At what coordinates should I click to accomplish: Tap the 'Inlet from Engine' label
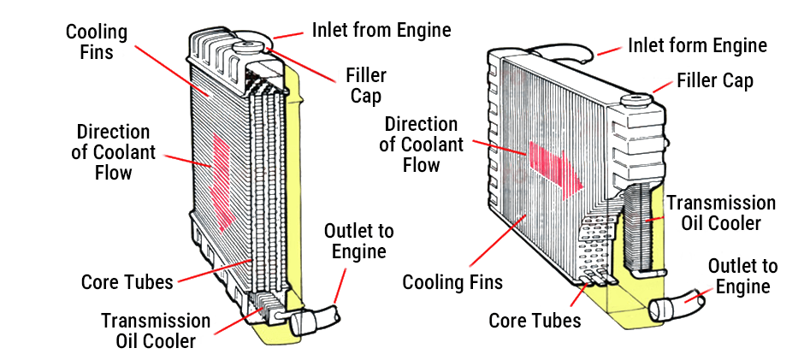(x=381, y=31)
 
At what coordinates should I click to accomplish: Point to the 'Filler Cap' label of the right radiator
(x=714, y=81)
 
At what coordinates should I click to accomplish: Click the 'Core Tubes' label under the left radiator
(x=127, y=281)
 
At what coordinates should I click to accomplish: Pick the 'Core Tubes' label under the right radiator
(x=535, y=321)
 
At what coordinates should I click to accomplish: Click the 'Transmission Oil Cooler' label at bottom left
(x=156, y=330)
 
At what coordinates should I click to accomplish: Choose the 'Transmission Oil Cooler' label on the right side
(x=720, y=213)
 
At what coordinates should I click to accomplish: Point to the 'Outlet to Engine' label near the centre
(x=358, y=241)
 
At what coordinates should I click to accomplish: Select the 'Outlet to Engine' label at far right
(x=742, y=276)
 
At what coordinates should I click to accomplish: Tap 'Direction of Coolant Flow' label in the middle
(x=422, y=144)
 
